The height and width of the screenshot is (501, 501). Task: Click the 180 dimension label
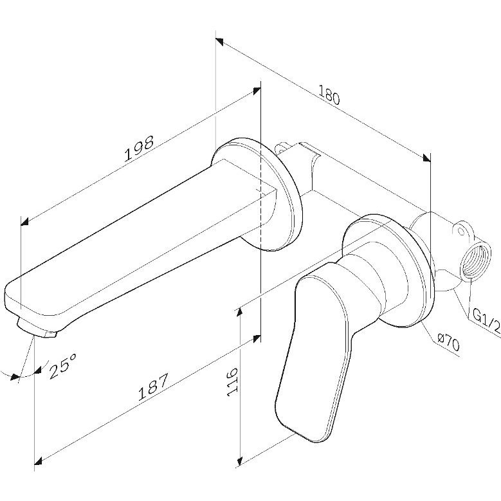[329, 95]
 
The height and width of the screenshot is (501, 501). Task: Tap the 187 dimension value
[152, 387]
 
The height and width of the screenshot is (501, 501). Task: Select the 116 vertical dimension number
[232, 382]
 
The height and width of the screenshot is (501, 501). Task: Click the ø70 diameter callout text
[448, 343]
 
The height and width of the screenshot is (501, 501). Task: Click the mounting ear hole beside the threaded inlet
[461, 231]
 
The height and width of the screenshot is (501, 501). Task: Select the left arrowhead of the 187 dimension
[39, 460]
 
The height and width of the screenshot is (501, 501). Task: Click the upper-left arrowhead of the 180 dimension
[219, 41]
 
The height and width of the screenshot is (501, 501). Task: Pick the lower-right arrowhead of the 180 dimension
[426, 158]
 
